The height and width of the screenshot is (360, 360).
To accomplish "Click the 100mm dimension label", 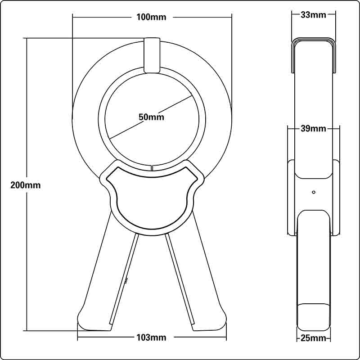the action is (x=151, y=17).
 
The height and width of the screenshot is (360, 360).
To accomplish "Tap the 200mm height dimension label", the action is (x=26, y=185).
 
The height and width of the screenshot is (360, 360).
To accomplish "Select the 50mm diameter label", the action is (x=151, y=117).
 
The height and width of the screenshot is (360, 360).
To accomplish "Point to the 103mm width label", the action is (x=151, y=337).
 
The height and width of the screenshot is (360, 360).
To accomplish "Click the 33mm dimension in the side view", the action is (x=313, y=15).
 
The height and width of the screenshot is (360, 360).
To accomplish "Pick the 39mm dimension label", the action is (x=313, y=129).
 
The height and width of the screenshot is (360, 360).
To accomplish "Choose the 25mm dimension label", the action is (x=313, y=338).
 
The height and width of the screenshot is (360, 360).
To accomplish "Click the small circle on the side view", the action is (x=314, y=192).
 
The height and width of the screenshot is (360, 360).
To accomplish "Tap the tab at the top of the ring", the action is (x=152, y=55).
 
